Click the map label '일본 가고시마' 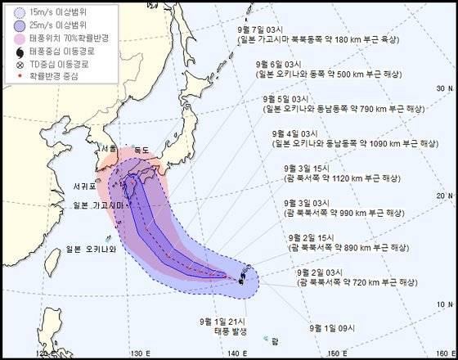(x=97, y=205)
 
